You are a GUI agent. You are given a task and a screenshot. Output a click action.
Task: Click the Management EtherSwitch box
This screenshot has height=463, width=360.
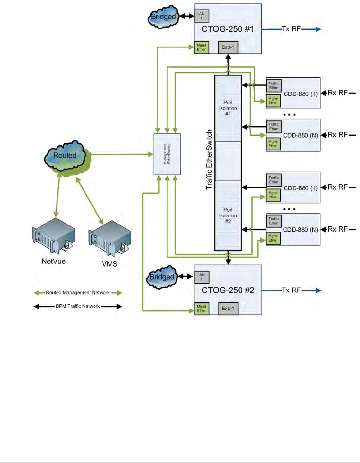point(167,154)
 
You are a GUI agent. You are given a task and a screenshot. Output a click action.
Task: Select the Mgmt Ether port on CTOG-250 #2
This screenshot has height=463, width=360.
point(201,308)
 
